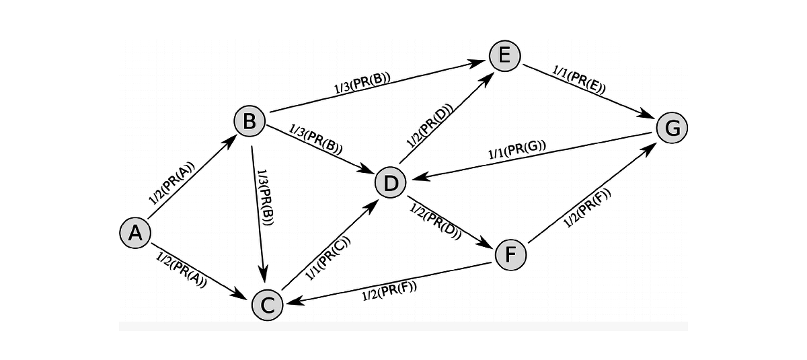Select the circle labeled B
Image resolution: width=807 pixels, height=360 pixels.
(249, 122)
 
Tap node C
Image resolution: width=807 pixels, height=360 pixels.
(267, 305)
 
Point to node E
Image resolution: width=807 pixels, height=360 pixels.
(504, 55)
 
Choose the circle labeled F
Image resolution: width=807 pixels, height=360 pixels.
(510, 255)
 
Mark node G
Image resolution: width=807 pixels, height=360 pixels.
(672, 127)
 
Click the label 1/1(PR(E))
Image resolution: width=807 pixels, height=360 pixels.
(579, 79)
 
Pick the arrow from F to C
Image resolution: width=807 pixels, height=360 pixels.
(390, 282)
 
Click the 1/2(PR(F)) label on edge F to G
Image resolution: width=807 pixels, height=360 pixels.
(588, 209)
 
